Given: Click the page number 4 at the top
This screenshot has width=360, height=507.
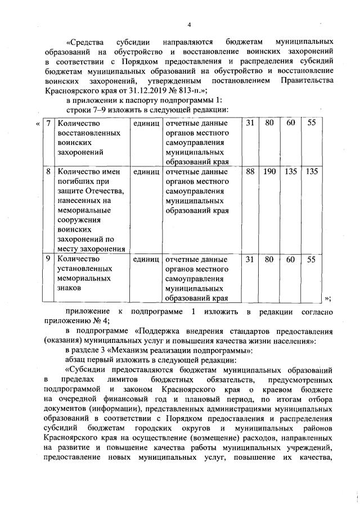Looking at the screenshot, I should point(190,24).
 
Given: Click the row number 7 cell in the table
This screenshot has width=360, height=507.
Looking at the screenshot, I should point(49,123).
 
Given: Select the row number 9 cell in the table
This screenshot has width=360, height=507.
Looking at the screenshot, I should point(49,259).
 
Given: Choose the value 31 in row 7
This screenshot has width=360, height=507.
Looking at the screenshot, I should point(251,123).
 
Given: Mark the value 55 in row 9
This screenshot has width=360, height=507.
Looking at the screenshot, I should point(311,259).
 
